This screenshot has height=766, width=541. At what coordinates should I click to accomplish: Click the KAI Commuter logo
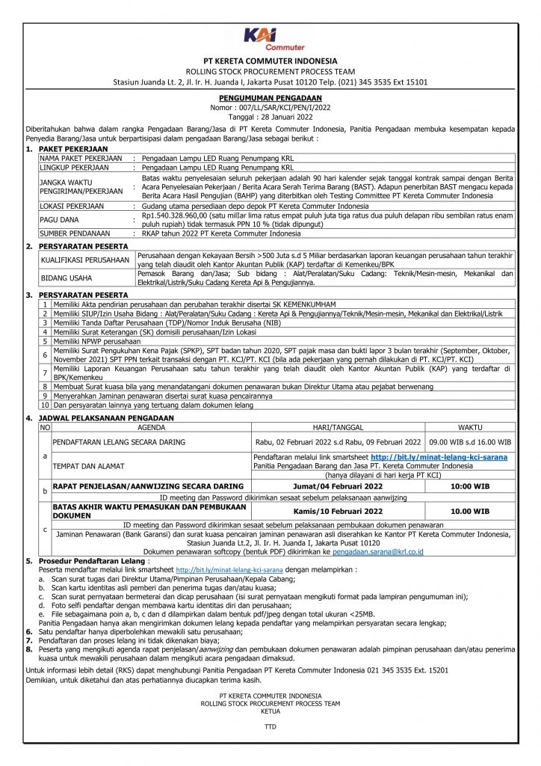pos(270,37)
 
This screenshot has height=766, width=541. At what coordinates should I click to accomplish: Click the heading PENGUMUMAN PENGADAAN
pos(270,98)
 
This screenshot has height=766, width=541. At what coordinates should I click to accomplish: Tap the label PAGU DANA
pos(60,219)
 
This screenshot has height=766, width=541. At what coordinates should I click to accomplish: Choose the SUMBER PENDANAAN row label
pos(80,233)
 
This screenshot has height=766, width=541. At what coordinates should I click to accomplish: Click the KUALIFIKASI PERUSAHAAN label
pos(84,260)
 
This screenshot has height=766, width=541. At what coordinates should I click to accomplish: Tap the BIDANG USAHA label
pos(65,278)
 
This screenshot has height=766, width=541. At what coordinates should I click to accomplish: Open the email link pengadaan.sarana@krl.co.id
pos(380,551)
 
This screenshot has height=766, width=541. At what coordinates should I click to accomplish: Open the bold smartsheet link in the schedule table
pos(439,456)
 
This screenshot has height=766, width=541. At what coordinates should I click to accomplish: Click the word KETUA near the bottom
pos(270,711)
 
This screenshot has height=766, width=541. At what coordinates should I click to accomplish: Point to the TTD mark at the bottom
pos(270,726)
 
